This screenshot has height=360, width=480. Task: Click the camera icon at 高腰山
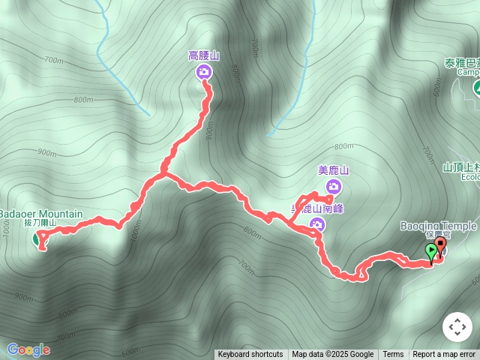(x=204, y=72)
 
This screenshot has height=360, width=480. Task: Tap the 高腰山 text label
(x=204, y=55)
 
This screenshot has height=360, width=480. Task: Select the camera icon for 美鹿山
(x=333, y=187)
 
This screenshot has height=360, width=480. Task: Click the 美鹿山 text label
(x=334, y=171)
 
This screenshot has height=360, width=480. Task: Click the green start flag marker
(x=430, y=251)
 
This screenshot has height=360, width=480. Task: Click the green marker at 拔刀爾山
(x=37, y=239)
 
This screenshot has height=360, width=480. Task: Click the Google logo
(x=28, y=349)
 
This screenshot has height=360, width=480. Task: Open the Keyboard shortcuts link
(x=250, y=355)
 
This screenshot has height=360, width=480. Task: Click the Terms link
(x=393, y=355)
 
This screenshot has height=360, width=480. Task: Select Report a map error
(x=444, y=355)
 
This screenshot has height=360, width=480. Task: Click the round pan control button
(x=457, y=327)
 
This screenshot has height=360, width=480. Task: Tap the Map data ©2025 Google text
(x=333, y=355)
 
